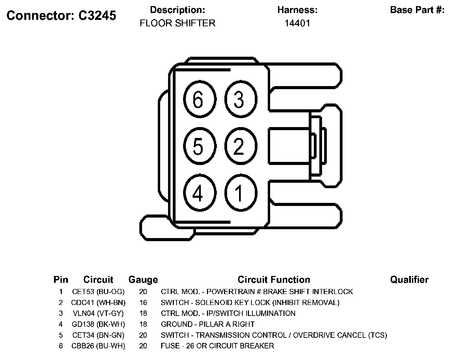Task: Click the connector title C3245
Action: [x=61, y=15]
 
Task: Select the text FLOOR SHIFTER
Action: [x=178, y=23]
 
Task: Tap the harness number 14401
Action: [x=297, y=23]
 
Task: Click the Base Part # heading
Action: [x=417, y=10]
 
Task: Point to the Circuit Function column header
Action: [x=274, y=280]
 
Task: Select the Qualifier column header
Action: [x=409, y=280]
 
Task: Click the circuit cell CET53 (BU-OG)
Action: [x=98, y=292]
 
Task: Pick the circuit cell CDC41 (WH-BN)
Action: [x=98, y=303]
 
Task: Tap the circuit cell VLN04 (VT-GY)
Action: [x=98, y=314]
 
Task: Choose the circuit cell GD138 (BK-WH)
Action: [x=98, y=324]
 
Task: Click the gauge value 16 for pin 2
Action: [x=143, y=303]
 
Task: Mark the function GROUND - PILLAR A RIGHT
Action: [x=208, y=324]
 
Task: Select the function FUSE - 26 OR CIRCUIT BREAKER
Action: [x=217, y=346]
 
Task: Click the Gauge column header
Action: [x=143, y=280]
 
